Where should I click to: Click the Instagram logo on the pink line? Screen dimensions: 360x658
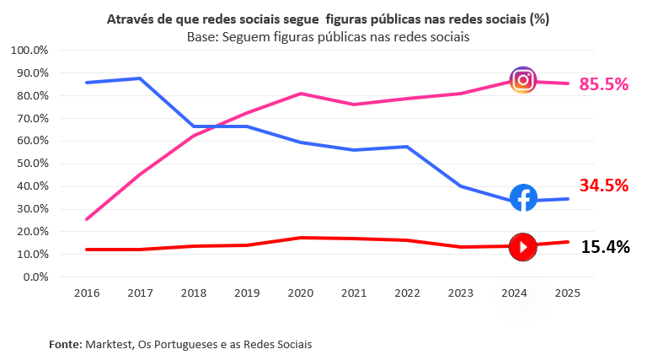click(x=523, y=79)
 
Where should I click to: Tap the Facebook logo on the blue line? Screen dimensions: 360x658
click(x=523, y=198)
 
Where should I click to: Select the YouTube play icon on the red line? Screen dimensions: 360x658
click(x=523, y=247)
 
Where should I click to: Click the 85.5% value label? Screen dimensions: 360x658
click(x=604, y=84)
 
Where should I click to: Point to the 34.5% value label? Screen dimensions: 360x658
click(x=604, y=185)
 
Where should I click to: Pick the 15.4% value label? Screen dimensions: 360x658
click(x=605, y=247)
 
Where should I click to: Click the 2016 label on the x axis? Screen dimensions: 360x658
click(x=87, y=293)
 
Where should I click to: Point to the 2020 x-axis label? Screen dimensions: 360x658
click(x=301, y=293)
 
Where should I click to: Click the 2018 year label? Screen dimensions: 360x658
click(x=194, y=293)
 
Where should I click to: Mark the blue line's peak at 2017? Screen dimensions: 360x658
click(x=141, y=78)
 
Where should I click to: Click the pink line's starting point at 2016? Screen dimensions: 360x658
click(x=87, y=219)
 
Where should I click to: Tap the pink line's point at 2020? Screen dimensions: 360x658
click(x=301, y=94)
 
